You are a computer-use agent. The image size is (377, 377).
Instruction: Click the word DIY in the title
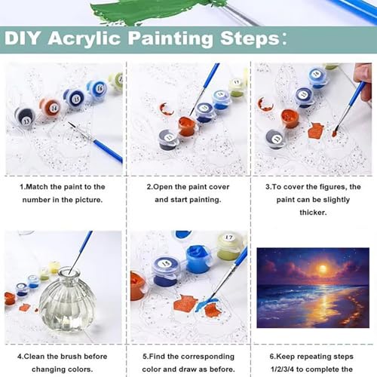(x=22, y=38)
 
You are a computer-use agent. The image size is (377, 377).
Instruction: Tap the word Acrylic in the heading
(x=84, y=39)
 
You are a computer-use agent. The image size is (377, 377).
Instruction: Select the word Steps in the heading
(x=250, y=39)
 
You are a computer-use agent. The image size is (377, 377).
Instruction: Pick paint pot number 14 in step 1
(x=51, y=107)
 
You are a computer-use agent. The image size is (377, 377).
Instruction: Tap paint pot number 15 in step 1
(x=74, y=97)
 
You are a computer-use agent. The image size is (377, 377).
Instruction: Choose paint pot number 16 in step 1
(x=97, y=88)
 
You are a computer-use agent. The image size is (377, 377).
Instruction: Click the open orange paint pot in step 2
(x=188, y=127)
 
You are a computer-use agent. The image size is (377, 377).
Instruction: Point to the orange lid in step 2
(x=167, y=109)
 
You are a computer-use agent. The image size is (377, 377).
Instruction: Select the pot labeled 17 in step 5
(x=228, y=247)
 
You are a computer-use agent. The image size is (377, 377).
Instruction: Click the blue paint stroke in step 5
(x=206, y=304)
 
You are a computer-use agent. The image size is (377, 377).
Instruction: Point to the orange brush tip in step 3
(x=334, y=133)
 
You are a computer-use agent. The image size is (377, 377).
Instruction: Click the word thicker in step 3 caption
(x=313, y=213)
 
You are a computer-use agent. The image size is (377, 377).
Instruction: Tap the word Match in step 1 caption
(x=37, y=187)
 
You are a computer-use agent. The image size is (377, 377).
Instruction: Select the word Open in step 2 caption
(x=163, y=187)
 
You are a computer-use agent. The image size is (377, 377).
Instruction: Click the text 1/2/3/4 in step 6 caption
(x=282, y=369)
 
